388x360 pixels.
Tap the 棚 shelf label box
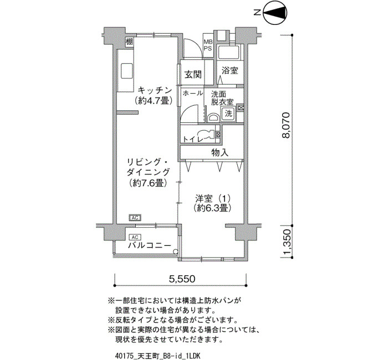tap(129, 42)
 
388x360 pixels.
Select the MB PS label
tap(208, 45)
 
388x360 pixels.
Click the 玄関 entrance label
tap(193, 74)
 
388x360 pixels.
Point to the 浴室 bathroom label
tap(229, 70)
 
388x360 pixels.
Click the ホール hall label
tap(193, 93)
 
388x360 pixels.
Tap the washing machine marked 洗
tap(228, 114)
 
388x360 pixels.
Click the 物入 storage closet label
tap(219, 152)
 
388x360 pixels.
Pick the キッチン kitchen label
tap(155, 90)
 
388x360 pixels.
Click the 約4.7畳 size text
tap(154, 101)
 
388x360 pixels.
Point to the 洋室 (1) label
tap(213, 198)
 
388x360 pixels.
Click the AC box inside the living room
tap(135, 218)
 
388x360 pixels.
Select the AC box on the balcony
tap(135, 238)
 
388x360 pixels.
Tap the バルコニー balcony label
tap(150, 245)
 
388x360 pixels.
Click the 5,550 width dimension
tap(182, 279)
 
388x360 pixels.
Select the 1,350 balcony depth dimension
tap(286, 242)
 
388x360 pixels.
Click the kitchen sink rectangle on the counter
tap(127, 71)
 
